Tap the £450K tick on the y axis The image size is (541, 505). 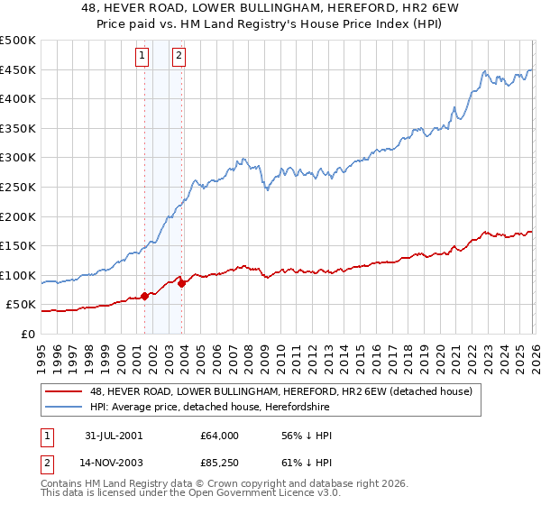coord(18,70)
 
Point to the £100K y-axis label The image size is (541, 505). coord(18,275)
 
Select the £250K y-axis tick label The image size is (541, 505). coord(18,188)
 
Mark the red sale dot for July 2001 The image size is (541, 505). coord(145,296)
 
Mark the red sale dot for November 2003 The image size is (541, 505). coord(182,283)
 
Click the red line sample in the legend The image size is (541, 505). coord(63,392)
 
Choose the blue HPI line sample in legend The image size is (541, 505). coord(63,408)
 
